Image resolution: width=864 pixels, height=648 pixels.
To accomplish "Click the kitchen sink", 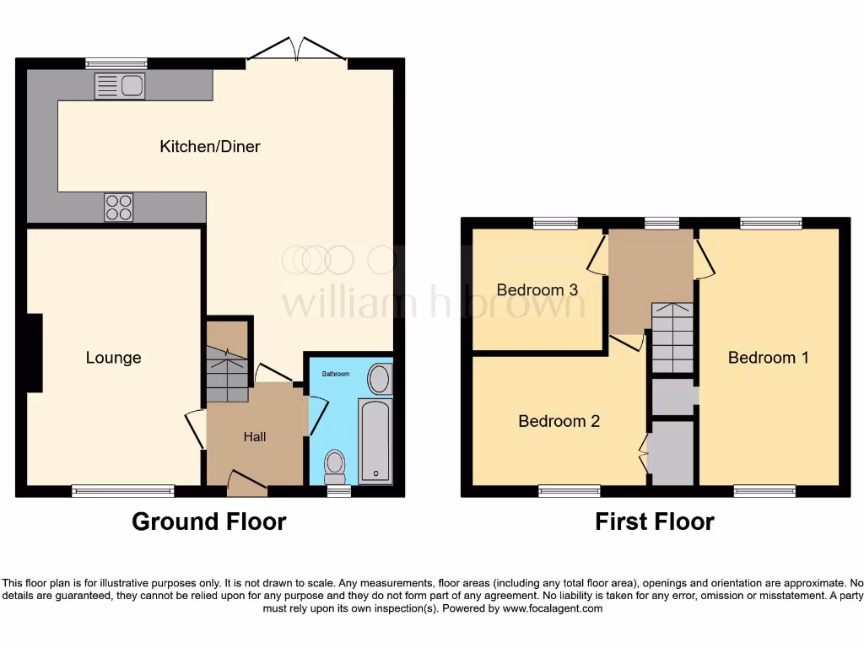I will [x=120, y=86].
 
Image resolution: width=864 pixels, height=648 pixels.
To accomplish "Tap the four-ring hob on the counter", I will [x=118, y=208].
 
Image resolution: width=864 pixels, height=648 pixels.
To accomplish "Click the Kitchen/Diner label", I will [x=210, y=147].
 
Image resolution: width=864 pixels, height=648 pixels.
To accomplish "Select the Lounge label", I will [x=113, y=358].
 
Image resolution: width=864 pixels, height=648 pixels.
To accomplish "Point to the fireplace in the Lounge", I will [x=34, y=353].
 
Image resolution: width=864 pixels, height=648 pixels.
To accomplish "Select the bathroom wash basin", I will [x=380, y=379].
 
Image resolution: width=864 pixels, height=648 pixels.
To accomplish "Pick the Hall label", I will [x=255, y=436].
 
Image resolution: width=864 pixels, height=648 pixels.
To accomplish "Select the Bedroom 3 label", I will [x=537, y=290].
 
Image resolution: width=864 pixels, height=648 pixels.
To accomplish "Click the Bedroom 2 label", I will [x=559, y=421].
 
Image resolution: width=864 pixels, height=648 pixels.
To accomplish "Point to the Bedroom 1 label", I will [x=768, y=358].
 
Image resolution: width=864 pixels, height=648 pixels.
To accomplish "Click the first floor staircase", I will [x=672, y=337].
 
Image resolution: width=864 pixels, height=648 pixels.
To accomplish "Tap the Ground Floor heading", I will [x=208, y=521].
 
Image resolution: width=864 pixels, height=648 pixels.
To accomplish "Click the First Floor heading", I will [x=654, y=521].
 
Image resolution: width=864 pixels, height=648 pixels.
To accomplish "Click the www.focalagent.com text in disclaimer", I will [x=553, y=608].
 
